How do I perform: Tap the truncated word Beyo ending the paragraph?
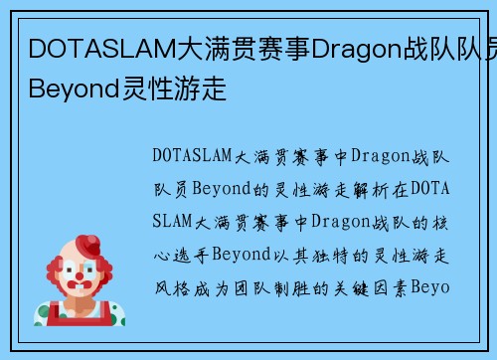click(x=433, y=286)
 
